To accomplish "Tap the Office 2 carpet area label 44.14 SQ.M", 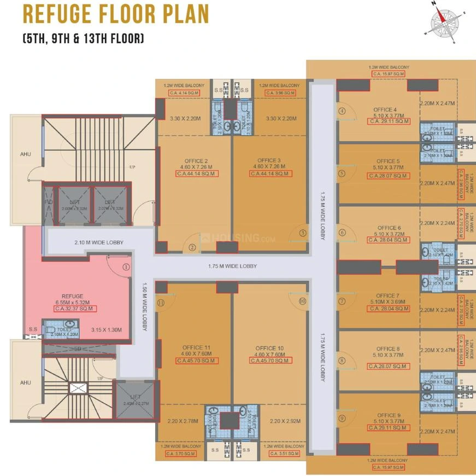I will coord(197,173).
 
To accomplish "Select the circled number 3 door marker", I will coord(302,233).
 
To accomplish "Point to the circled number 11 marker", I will coord(161,302).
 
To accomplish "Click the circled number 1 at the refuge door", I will coord(126,268).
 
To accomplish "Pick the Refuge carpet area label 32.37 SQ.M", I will coord(75,309).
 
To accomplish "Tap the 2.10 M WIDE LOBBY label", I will coord(99,242).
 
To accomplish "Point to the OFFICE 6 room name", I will coord(389,228).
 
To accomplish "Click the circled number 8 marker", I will coord(342,361).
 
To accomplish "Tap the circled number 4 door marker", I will coord(342,111).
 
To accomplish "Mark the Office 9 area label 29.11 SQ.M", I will coord(388,427).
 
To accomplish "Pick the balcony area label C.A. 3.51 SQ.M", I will coord(283,454).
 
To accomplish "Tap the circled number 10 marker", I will coord(302,300).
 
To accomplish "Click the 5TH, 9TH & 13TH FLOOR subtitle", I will coord(83,39).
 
